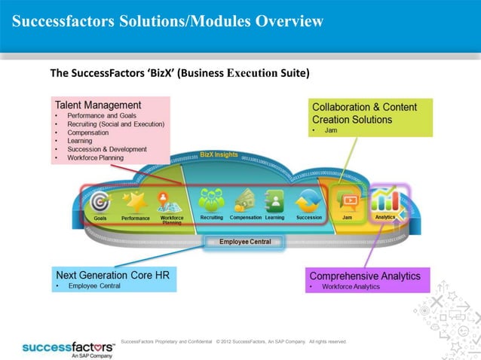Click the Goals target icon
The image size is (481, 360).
coord(100,201)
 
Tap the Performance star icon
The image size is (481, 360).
coord(136,201)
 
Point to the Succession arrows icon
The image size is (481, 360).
coord(309,201)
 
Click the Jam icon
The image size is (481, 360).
coord(348,201)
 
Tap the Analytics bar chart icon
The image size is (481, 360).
coord(385,200)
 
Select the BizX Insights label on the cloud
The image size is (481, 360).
coord(219,154)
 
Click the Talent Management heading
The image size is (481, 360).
coord(98,105)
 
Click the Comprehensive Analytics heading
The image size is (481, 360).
coord(365,276)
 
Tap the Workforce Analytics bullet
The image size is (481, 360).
coord(351,287)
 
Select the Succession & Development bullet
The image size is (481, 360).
coord(106,149)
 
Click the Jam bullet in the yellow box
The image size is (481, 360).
coord(330,130)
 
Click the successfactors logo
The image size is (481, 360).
coord(67,348)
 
